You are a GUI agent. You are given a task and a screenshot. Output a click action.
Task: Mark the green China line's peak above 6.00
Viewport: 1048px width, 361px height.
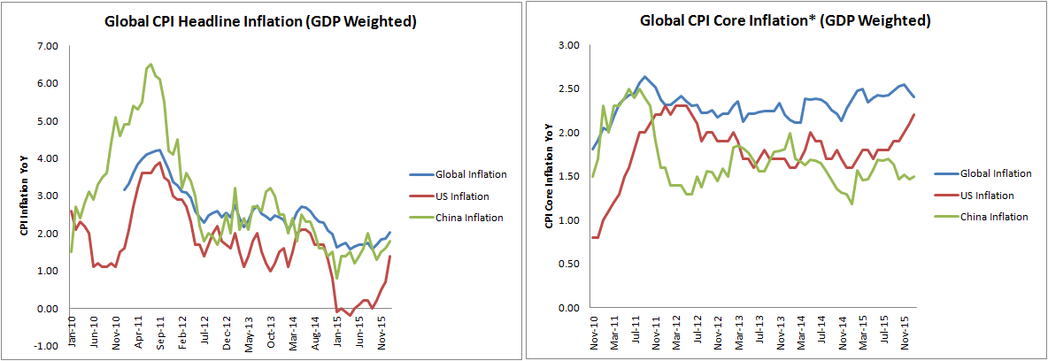150,64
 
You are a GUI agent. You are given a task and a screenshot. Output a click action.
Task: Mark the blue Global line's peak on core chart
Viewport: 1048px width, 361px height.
645,77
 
